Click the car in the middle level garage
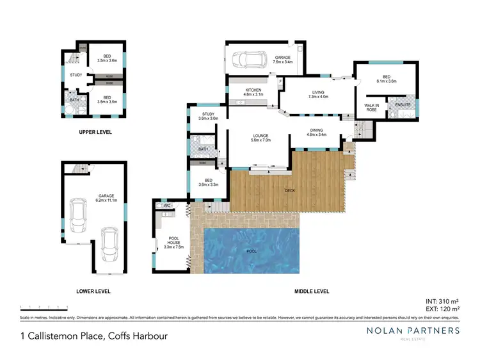point(246,60)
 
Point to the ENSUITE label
point(403,105)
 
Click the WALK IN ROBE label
point(371,106)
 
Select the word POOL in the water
point(252,250)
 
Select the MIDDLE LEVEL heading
point(311,291)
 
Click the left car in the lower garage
point(79,216)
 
